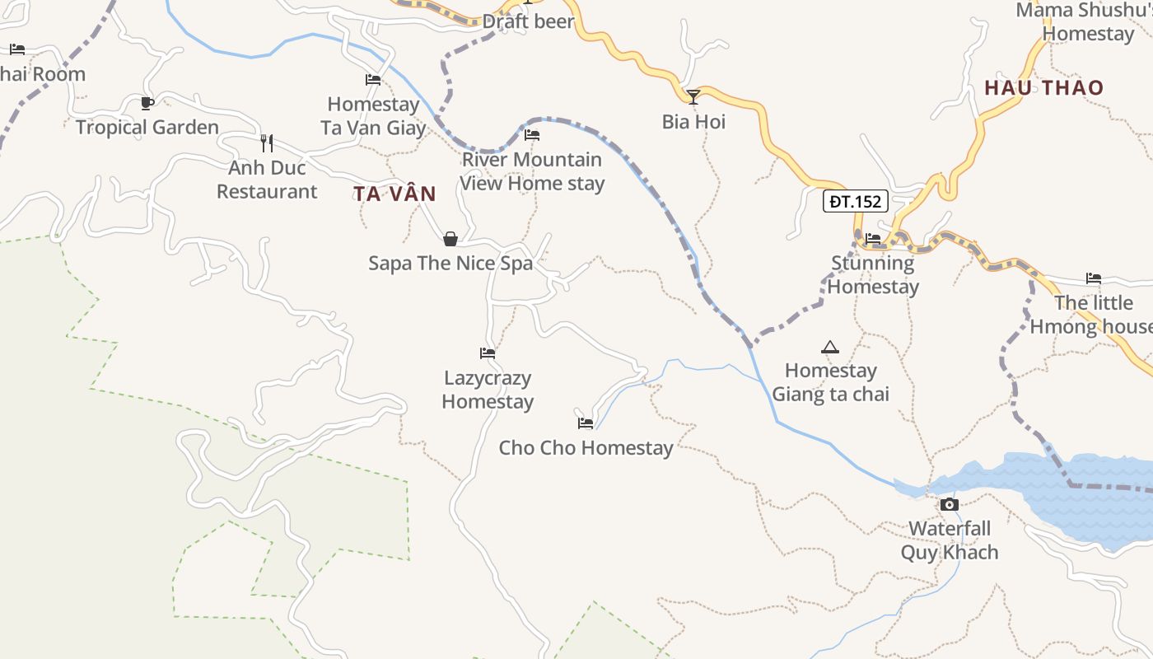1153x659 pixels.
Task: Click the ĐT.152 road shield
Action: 856,201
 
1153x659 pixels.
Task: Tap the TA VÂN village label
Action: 394,194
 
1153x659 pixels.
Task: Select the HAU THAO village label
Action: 1043,87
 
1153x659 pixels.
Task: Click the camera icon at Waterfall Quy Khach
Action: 950,504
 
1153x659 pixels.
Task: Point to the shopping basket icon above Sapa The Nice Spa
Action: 450,240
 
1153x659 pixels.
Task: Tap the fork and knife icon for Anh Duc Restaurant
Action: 266,143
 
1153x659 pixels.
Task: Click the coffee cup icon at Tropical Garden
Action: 147,103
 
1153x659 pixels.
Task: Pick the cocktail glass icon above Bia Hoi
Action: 693,97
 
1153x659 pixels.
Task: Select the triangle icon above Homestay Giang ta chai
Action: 829,348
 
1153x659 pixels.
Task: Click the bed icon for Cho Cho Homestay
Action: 586,423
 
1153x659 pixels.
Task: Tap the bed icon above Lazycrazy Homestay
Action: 488,353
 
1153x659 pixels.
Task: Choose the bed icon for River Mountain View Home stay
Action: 532,135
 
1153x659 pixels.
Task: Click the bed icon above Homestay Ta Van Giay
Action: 373,80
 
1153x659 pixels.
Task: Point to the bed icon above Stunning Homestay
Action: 873,239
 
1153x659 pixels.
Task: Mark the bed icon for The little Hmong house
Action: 1094,278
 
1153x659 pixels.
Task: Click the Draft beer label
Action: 528,21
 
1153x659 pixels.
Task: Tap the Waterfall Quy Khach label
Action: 950,540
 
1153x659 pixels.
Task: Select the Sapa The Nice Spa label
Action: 450,264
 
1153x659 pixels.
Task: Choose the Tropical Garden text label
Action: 147,127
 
